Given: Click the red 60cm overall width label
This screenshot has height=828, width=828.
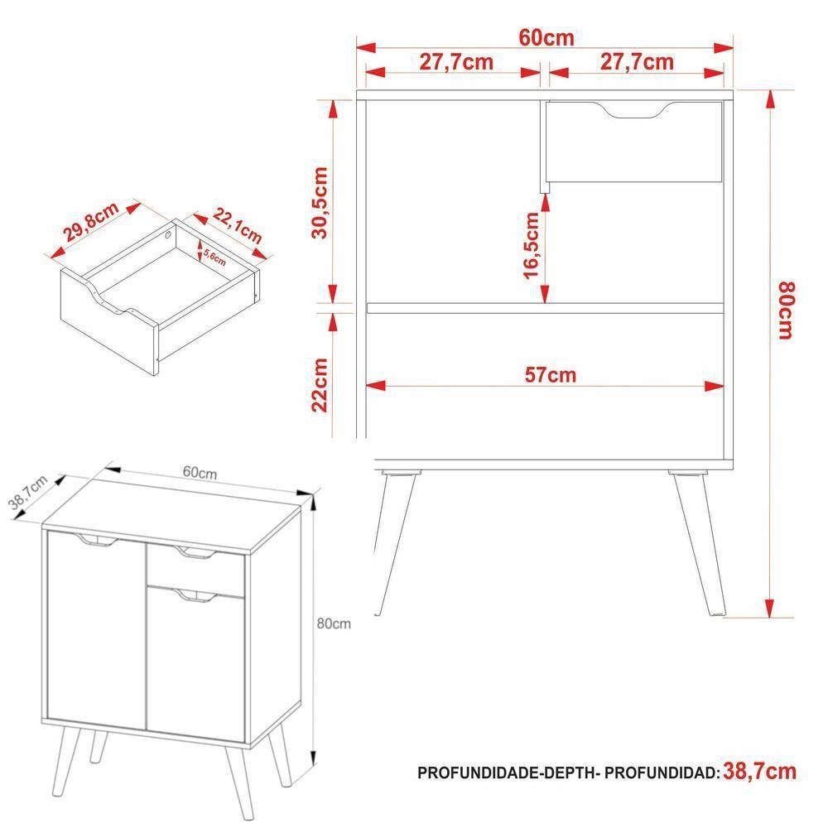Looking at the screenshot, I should (x=546, y=38).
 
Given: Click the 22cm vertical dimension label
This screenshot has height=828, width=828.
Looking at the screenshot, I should (x=321, y=383).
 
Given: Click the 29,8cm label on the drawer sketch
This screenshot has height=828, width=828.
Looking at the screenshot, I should (x=93, y=224).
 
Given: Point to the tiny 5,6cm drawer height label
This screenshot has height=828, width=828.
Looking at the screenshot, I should (x=214, y=252).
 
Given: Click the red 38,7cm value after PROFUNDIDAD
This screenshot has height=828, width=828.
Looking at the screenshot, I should (x=759, y=772).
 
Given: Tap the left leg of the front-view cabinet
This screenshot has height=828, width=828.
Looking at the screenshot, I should (x=391, y=538).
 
